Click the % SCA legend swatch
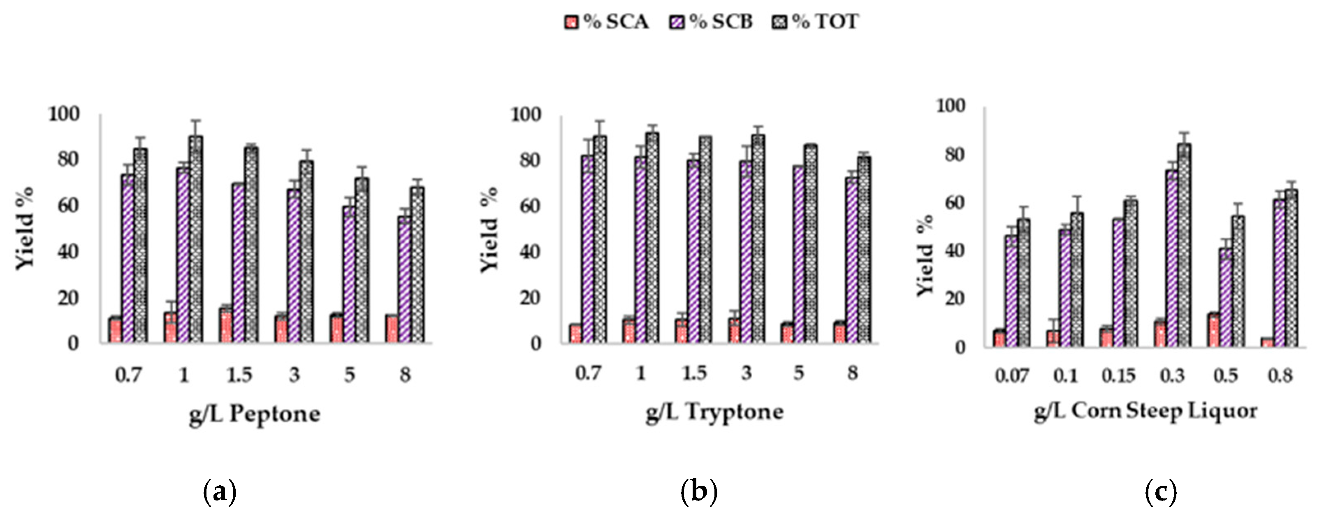[571, 22]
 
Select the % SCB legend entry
[712, 22]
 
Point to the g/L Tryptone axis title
[714, 412]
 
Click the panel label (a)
[220, 492]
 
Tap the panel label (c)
[1161, 492]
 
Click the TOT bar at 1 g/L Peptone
[196, 241]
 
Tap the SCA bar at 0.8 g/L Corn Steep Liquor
[1267, 343]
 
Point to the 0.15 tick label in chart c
[1118, 375]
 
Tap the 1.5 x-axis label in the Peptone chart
[239, 375]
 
